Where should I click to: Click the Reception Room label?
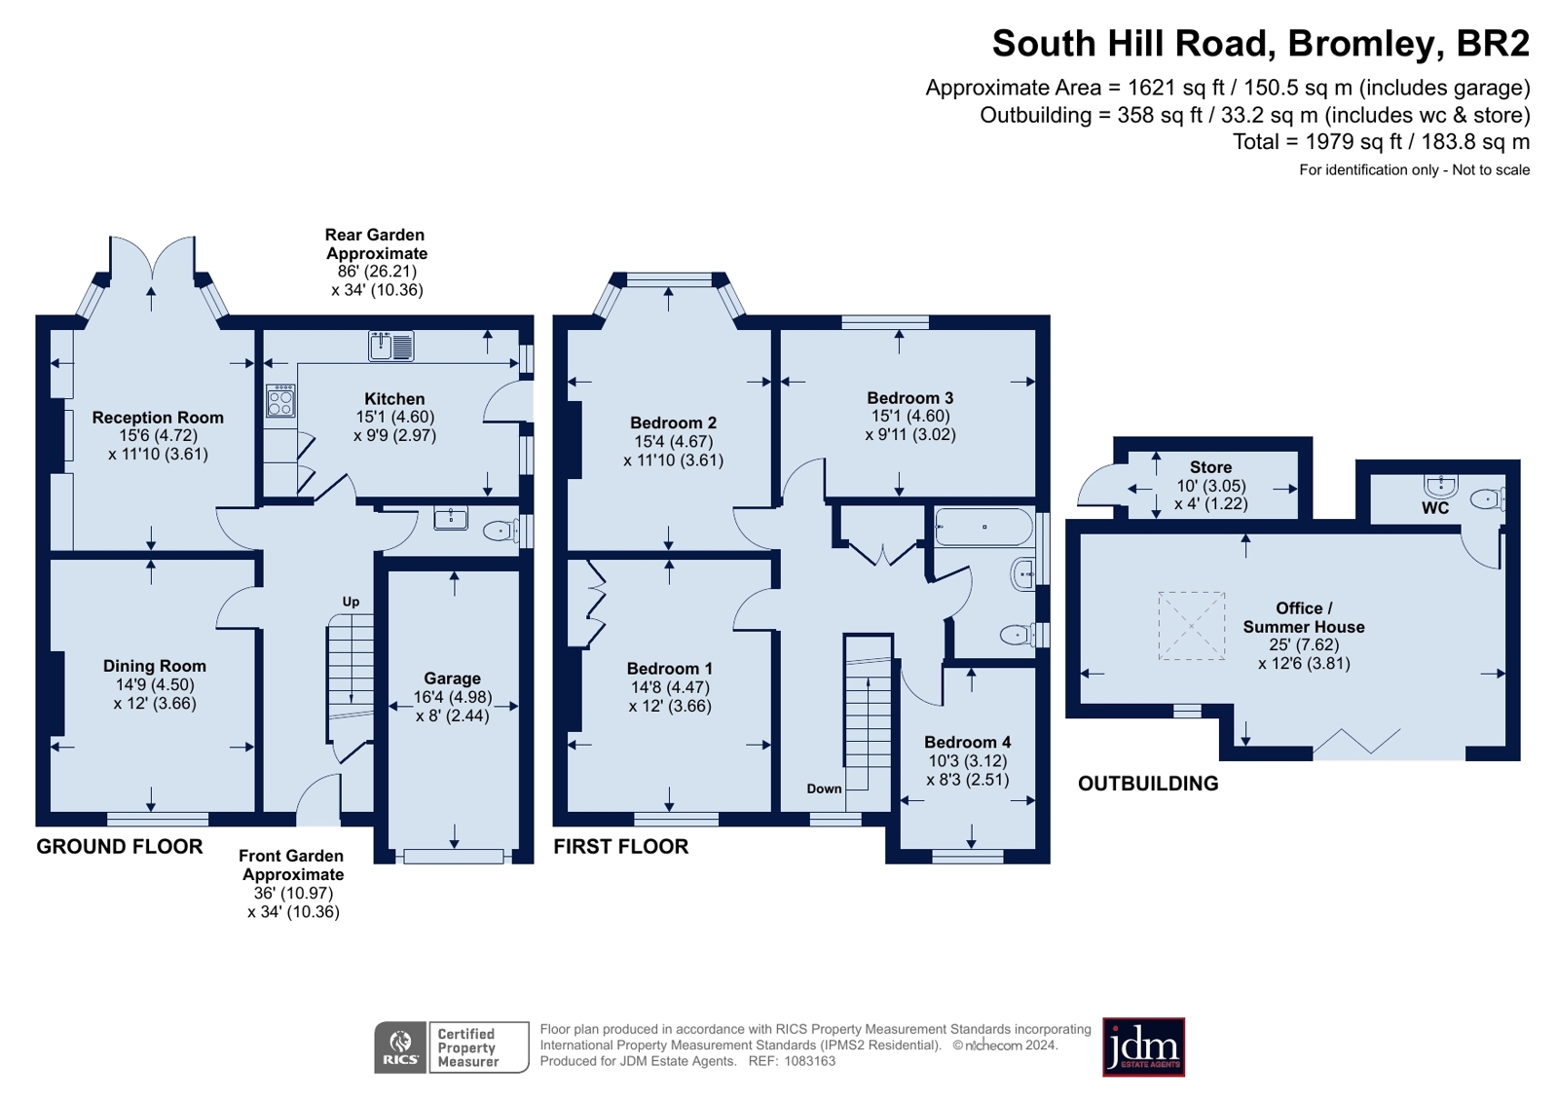158,418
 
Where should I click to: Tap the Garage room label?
452,679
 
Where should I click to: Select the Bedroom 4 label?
967,742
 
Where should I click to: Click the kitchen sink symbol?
391,346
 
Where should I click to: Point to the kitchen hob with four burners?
280,401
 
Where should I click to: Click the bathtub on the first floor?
983,527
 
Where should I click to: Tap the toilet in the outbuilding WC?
1487,499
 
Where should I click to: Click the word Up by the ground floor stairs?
351,602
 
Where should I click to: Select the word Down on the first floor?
824,789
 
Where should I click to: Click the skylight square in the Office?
1191,626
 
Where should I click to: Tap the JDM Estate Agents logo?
1143,1047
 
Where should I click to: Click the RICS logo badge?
400,1047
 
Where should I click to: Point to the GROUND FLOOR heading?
120,847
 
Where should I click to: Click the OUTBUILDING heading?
1148,784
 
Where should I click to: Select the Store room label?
1210,467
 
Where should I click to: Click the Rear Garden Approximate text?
376,244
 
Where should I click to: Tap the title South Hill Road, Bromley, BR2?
1260,44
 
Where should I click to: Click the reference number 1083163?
809,1061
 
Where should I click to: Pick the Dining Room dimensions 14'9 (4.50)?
155,684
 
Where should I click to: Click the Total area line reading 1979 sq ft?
1380,142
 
